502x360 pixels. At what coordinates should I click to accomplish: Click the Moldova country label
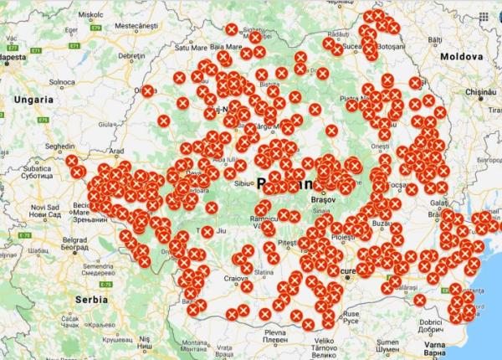[463, 55]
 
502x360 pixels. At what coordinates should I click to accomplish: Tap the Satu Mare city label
[191, 48]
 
